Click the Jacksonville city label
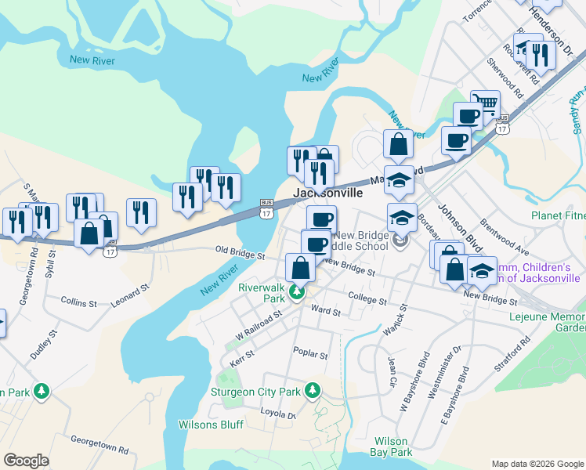[x=327, y=193]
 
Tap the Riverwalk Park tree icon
[x=297, y=294]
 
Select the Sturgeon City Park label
[x=256, y=392]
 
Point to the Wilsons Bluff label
[x=211, y=425]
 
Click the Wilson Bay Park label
[x=392, y=446]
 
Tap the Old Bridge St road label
[x=241, y=255]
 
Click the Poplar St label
[x=309, y=354]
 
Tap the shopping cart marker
[x=487, y=103]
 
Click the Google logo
[x=26, y=461]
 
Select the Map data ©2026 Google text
[x=537, y=464]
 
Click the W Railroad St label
[x=258, y=324]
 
